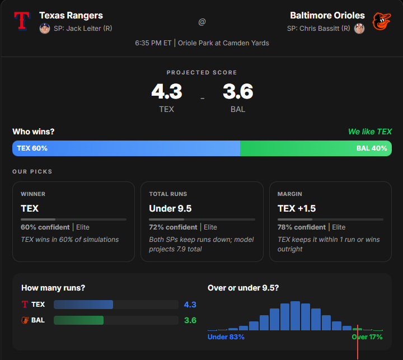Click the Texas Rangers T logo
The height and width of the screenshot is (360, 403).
pos(22,21)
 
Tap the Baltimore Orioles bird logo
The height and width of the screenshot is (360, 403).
pos(381,21)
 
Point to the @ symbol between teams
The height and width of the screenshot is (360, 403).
pos(201,22)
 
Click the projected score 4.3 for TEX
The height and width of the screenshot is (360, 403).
pos(166,91)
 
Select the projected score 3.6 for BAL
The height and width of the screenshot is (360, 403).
pos(238,91)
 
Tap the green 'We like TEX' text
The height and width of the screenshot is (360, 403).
pos(369,132)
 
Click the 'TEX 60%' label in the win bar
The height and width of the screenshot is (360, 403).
pos(32,148)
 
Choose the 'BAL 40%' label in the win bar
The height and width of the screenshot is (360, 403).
pos(371,148)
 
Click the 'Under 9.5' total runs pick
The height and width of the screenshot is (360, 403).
pos(170,208)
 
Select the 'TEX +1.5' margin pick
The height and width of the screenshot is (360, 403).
pos(297,208)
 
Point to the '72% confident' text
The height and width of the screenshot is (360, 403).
pos(173,227)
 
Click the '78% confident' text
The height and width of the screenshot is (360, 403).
pos(302,227)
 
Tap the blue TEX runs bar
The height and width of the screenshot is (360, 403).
pos(83,305)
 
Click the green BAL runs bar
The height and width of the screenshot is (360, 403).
pos(79,320)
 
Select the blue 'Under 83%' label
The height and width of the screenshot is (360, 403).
pos(226,337)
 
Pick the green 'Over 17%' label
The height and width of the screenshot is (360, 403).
pos(367,337)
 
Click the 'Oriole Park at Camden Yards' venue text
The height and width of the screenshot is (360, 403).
pos(223,43)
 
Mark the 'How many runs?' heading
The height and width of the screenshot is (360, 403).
pos(53,288)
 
